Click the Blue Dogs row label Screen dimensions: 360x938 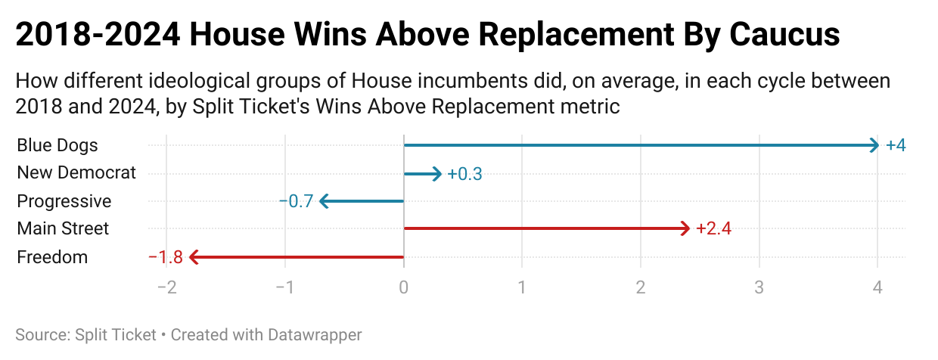57,145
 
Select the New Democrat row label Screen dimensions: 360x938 76,173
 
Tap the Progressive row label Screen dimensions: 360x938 64,201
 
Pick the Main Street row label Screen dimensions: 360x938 63,228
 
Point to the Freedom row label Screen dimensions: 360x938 52,257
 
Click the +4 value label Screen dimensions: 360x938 896,145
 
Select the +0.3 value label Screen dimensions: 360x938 464,174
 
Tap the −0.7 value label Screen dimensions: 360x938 296,201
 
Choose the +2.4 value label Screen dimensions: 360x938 713,228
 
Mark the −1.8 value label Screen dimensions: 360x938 166,257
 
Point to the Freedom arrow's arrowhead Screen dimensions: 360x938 193,257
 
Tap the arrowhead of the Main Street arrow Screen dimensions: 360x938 686,228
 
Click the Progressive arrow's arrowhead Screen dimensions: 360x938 324,201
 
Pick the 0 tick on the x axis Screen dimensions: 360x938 404,288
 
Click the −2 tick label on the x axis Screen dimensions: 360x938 166,288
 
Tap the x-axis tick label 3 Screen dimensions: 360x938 759,288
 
